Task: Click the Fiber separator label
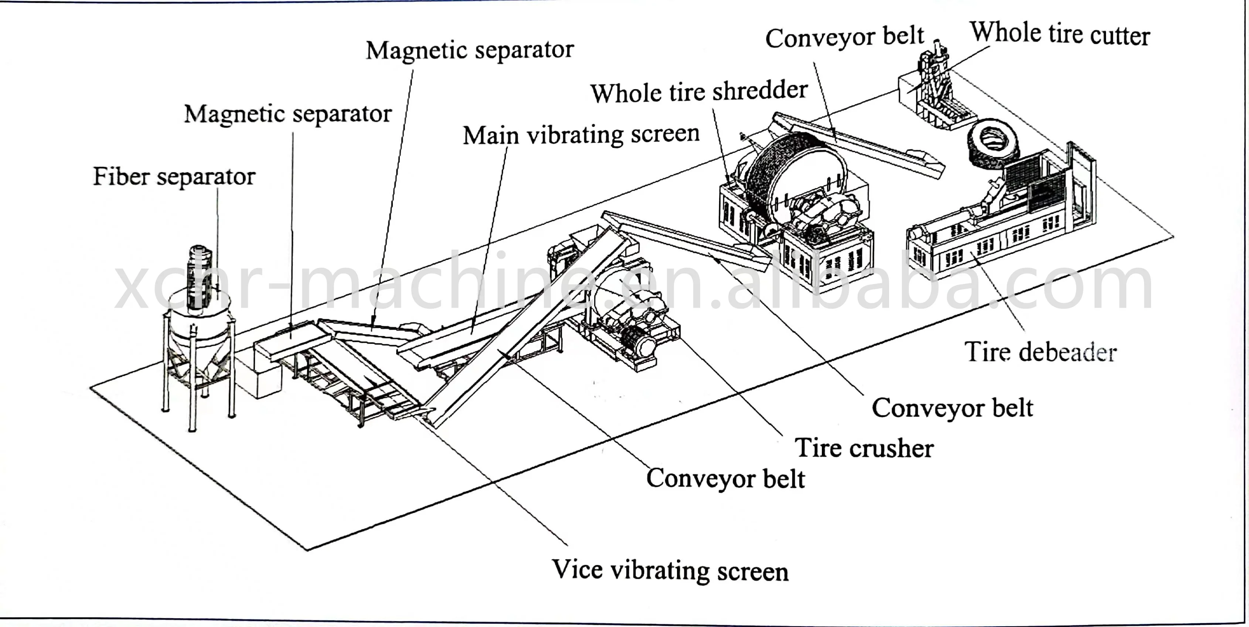[x=174, y=176]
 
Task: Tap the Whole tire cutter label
[x=1059, y=34]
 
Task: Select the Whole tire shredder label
[x=699, y=92]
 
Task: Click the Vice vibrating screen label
[x=670, y=570]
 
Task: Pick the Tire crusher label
[x=864, y=448]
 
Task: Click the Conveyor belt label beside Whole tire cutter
[x=844, y=37]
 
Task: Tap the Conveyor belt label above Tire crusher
[x=952, y=408]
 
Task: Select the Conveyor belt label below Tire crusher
[x=725, y=479]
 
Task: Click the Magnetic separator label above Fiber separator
[x=287, y=115]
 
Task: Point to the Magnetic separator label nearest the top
[x=469, y=50]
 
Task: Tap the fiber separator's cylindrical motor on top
[x=200, y=277]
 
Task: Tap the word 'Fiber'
[x=121, y=176]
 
